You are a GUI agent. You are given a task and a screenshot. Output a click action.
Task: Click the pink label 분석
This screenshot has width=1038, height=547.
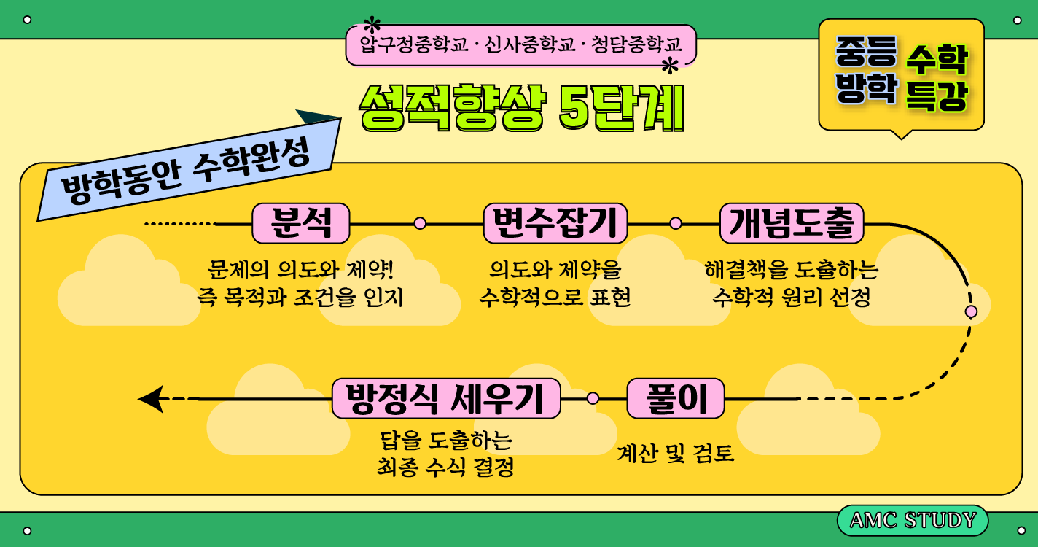pyautogui.click(x=300, y=223)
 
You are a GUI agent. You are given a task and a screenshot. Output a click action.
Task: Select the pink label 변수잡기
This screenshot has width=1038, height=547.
pyautogui.click(x=555, y=223)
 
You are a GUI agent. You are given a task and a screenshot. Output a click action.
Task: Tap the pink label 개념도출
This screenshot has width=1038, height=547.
pyautogui.click(x=791, y=223)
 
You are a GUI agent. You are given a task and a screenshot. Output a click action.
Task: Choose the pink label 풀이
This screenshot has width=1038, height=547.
pyautogui.click(x=676, y=398)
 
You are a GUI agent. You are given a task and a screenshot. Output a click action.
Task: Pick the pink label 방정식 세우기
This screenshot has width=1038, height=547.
pyautogui.click(x=446, y=398)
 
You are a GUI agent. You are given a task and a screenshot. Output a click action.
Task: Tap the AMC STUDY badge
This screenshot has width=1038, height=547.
pyautogui.click(x=913, y=521)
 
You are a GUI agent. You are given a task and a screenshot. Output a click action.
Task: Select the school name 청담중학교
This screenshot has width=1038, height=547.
pyautogui.click(x=636, y=45)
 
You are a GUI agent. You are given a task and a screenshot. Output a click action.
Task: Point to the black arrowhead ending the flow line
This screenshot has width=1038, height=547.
pyautogui.click(x=151, y=399)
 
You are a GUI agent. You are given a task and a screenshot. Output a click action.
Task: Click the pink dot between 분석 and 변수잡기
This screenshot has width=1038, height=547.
pyautogui.click(x=420, y=223)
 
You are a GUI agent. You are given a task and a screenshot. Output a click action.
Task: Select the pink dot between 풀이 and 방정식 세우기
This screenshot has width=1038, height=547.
pyautogui.click(x=593, y=398)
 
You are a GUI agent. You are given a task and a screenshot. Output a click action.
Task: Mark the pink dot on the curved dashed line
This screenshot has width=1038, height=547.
pyautogui.click(x=971, y=311)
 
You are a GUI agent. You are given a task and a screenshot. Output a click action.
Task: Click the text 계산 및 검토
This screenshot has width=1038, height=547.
pyautogui.click(x=675, y=454)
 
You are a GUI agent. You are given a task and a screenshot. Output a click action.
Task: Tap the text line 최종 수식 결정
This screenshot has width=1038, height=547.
pyautogui.click(x=445, y=467)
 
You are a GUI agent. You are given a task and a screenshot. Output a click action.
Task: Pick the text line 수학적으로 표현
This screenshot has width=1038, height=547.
pyautogui.click(x=555, y=298)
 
